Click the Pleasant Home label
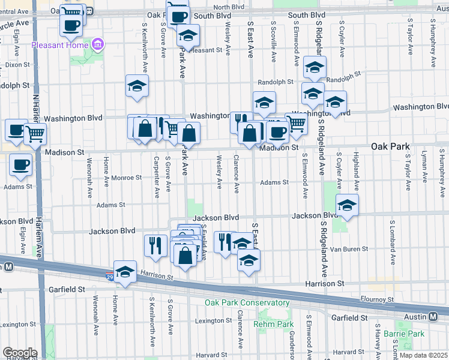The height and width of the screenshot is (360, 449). [x=60, y=44]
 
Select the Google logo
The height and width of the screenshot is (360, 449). [x=20, y=353]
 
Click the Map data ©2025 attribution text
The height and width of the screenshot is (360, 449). [x=424, y=356]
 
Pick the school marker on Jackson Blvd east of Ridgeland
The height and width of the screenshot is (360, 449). [x=347, y=205]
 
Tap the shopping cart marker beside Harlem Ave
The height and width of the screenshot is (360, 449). [x=35, y=136]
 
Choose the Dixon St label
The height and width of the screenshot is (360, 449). [x=17, y=64]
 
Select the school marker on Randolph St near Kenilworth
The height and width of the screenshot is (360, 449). [x=137, y=86]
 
